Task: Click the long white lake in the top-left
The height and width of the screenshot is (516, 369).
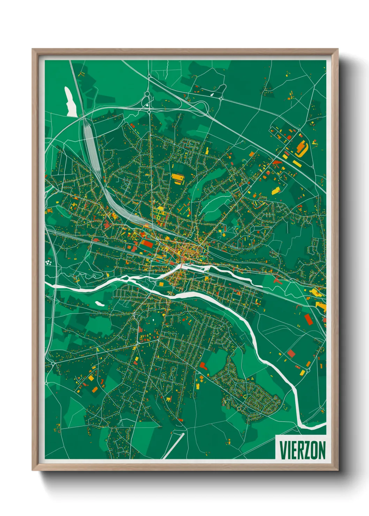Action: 70,102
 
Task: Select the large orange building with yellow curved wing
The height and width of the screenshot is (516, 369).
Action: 301,147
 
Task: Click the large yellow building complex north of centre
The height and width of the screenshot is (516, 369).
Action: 178,179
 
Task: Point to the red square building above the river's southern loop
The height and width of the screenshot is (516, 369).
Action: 291,354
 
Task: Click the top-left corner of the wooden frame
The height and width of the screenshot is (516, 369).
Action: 33,50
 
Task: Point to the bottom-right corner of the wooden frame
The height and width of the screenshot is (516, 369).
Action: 338,470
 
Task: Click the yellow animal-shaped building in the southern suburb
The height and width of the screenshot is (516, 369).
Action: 169,399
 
